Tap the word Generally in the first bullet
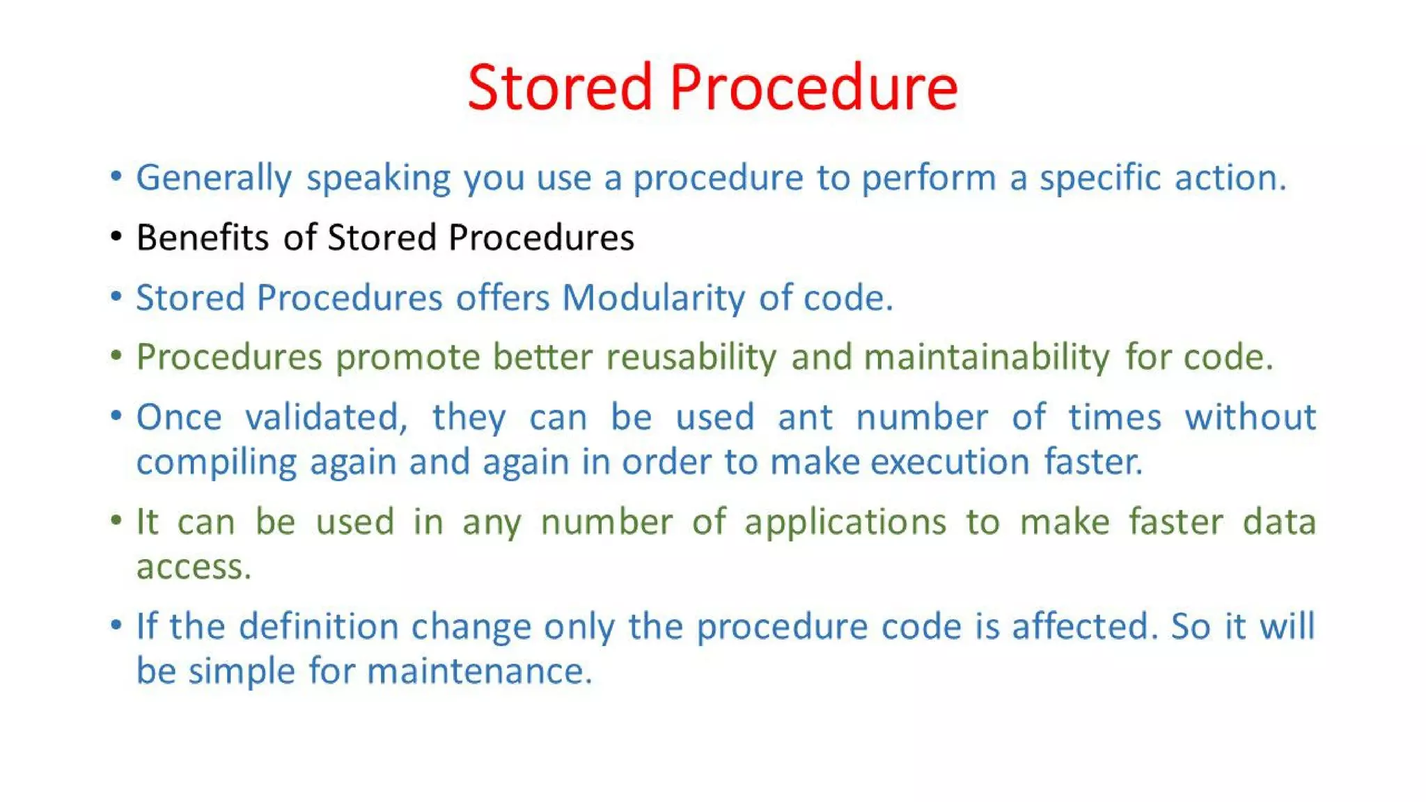pos(214,178)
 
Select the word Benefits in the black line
pos(203,237)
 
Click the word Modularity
pos(653,298)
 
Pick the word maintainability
pos(987,357)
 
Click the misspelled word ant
pos(805,418)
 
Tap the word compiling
pos(217,463)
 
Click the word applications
pos(845,523)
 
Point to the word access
pos(192,567)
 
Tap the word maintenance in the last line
pos(479,672)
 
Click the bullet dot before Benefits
pos(116,237)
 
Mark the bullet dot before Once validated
pos(116,416)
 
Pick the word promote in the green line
pos(408,358)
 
